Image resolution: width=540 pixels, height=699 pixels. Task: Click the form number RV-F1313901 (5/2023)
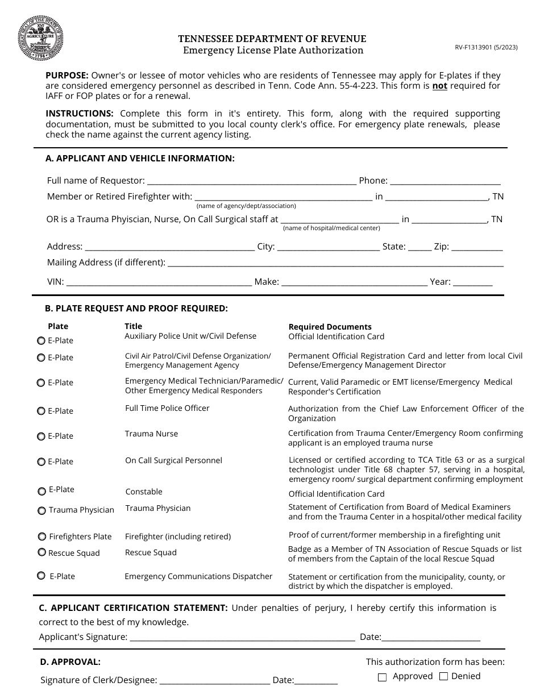pos(486,48)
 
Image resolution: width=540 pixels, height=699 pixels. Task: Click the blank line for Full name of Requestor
pos(251,181)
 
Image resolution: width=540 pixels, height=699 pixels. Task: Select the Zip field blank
pos(477,247)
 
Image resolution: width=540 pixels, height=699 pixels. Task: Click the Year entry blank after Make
pos(473,282)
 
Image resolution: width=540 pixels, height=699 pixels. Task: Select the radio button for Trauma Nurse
pos(41,436)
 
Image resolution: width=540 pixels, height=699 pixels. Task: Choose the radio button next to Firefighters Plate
pos(42,536)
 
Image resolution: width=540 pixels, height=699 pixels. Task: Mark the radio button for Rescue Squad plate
pos(41,552)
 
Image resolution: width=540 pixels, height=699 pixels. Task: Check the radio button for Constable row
pos(42,491)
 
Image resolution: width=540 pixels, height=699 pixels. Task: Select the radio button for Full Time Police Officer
pos(41,411)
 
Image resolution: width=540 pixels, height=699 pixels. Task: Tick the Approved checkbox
pos(383,677)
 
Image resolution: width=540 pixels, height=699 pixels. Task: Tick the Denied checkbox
pos(444,676)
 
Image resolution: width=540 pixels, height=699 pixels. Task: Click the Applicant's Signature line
pos(243,638)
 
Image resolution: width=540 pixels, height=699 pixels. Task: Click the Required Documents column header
pos(330,327)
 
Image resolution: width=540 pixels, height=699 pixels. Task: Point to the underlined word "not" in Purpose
pos(439,86)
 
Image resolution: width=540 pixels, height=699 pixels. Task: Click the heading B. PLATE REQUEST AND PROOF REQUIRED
pos(136,309)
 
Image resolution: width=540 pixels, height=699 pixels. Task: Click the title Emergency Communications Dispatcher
pos(198,576)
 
